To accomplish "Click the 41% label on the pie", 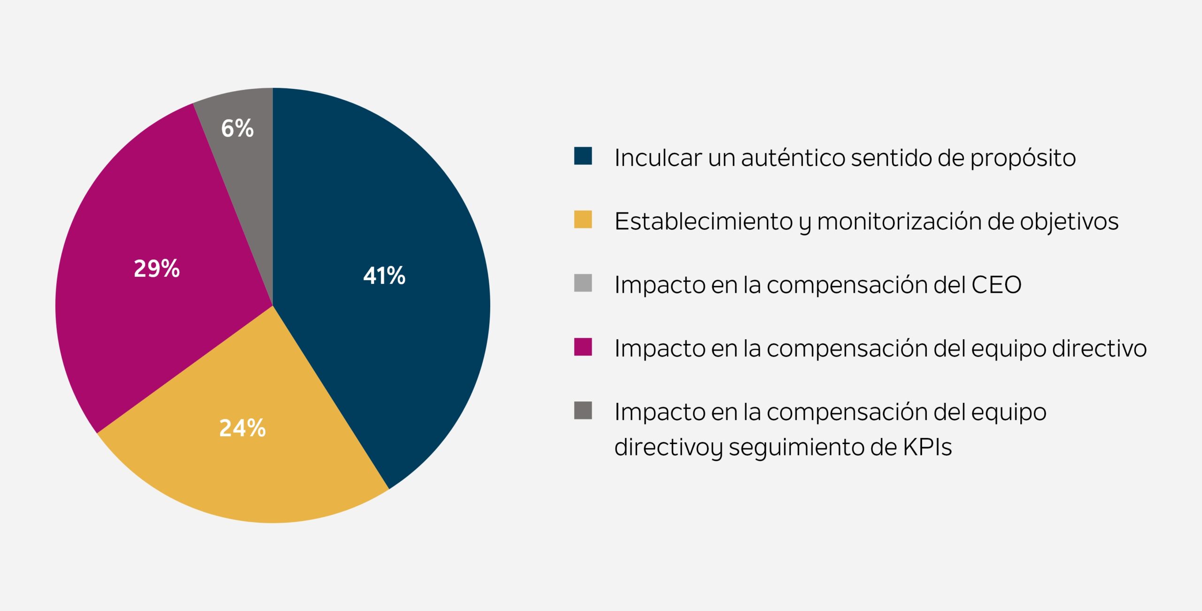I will (x=384, y=275).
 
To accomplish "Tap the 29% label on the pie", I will (x=157, y=268).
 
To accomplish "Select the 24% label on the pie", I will (x=242, y=428).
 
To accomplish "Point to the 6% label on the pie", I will (x=237, y=128).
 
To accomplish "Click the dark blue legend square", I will (x=583, y=156).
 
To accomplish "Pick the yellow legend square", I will (x=583, y=219).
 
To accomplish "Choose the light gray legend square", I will (x=583, y=283).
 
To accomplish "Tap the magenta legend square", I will (x=583, y=347).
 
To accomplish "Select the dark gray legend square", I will (x=583, y=410).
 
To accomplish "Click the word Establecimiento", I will (x=703, y=221).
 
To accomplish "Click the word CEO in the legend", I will (x=996, y=285).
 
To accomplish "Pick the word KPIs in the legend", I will (x=927, y=447).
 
